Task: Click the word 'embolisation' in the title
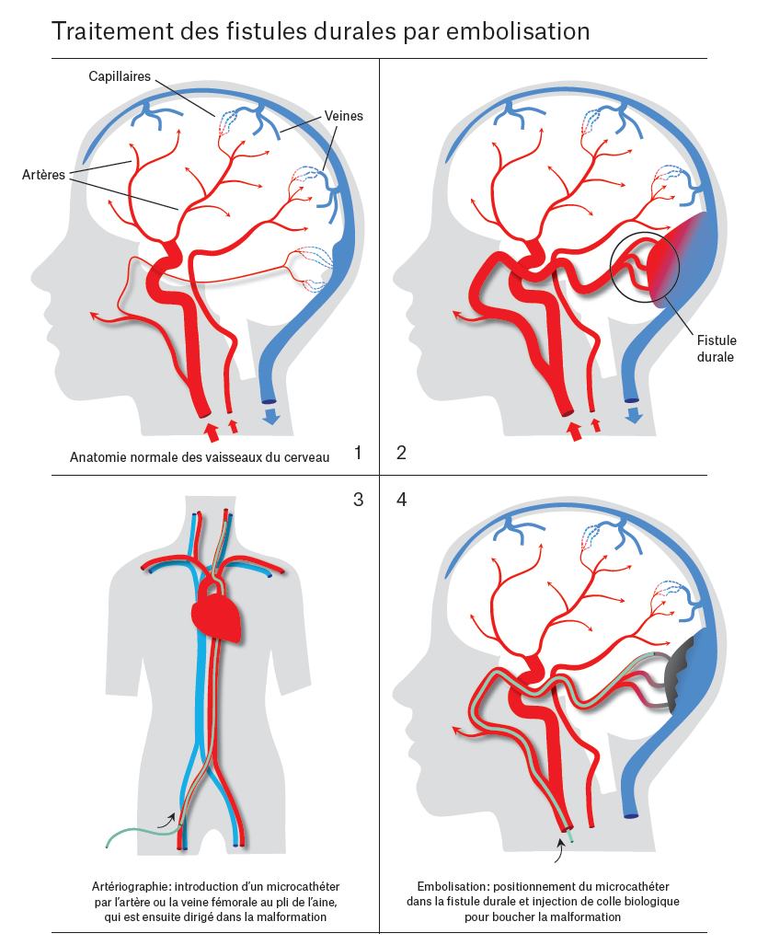(518, 31)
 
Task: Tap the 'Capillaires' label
(120, 77)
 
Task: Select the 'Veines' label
(344, 116)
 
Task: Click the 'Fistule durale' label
(716, 349)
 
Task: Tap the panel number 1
(358, 452)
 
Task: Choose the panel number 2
(401, 452)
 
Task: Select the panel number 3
(358, 500)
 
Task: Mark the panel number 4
(401, 500)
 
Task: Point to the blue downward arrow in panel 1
(272, 419)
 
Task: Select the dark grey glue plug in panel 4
(680, 682)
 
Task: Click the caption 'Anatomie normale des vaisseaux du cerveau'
(199, 457)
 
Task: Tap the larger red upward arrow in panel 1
(211, 431)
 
